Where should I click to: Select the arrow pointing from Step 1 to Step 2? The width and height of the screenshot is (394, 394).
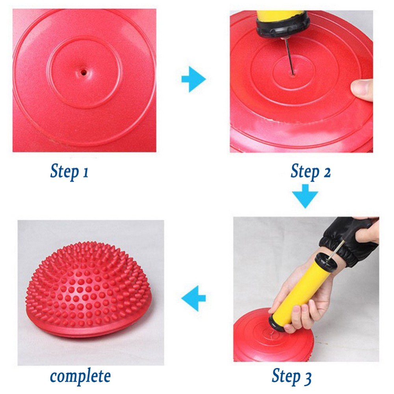point(193,79)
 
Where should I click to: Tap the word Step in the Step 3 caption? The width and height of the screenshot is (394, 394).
point(286,376)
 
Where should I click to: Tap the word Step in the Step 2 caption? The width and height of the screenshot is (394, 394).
point(305,171)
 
